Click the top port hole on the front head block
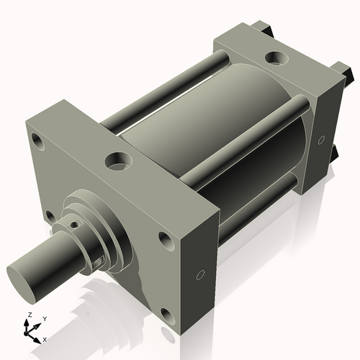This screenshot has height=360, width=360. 116,160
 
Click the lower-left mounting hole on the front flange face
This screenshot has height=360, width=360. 48,215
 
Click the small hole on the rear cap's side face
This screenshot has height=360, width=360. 322,138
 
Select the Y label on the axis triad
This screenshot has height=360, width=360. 44,318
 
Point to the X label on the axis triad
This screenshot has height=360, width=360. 45,338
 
